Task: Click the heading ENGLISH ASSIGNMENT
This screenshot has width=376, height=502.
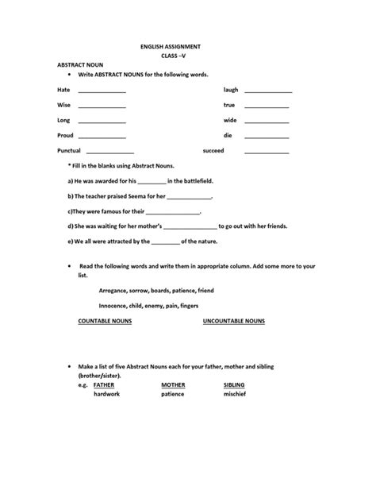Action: pos(187,48)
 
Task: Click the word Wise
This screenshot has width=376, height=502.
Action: pos(63,105)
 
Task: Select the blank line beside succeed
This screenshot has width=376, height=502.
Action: pos(267,151)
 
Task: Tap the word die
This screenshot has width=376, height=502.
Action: pos(228,135)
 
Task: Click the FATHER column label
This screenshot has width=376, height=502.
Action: pos(104,384)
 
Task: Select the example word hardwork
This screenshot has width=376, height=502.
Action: pos(106,393)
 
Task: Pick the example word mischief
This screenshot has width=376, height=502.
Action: pos(236,393)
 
